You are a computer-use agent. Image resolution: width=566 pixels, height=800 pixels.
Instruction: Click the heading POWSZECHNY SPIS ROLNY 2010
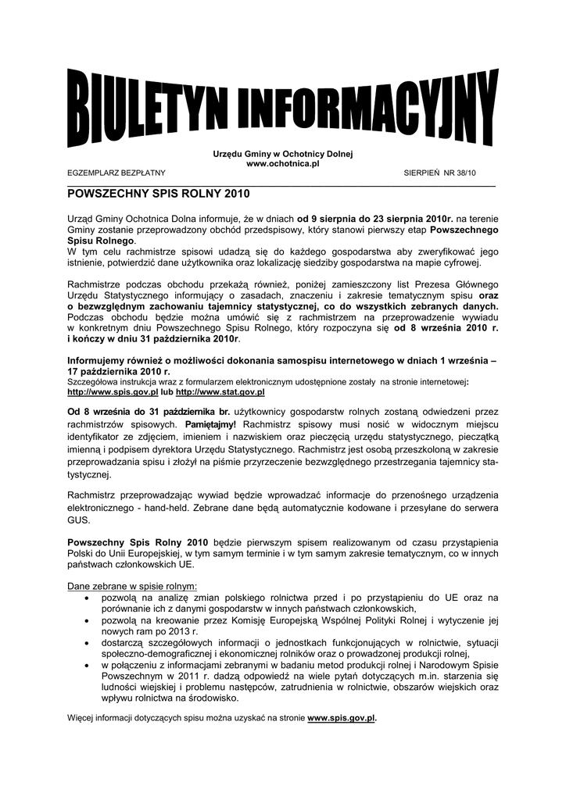click(x=157, y=192)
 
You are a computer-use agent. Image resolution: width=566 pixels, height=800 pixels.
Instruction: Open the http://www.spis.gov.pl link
click(x=113, y=392)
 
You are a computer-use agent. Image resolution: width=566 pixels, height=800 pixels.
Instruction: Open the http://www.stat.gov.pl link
click(x=220, y=392)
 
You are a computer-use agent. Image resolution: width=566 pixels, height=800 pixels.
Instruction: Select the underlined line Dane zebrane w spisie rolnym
click(x=132, y=585)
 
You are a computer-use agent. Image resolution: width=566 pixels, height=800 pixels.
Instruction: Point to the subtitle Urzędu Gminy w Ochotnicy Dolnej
click(x=283, y=154)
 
